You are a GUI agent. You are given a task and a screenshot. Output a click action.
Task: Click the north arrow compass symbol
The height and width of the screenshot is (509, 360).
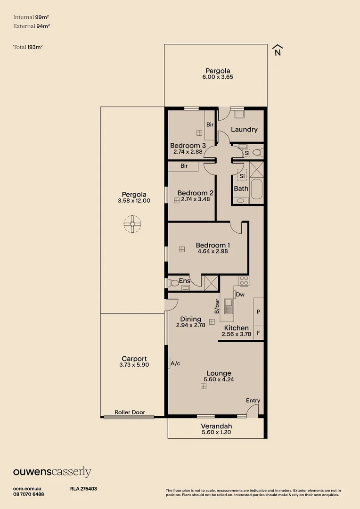[278, 50]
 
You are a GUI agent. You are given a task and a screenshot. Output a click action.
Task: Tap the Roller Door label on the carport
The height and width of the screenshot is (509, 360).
[130, 412]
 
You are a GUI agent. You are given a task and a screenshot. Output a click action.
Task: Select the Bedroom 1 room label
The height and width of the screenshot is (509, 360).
[213, 245]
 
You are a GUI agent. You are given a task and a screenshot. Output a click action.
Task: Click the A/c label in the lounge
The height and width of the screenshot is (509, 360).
[176, 363]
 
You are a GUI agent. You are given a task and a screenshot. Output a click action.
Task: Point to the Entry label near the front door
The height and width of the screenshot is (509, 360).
[253, 401]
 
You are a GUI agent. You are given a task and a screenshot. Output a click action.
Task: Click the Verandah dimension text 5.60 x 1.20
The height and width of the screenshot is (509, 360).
[217, 432]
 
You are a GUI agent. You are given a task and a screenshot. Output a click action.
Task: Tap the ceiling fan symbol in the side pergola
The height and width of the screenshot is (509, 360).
[132, 224]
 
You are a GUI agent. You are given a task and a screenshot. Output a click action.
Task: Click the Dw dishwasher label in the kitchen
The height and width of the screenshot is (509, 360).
[240, 295]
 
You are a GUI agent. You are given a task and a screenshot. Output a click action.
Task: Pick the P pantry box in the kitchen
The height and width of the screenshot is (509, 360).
[258, 312]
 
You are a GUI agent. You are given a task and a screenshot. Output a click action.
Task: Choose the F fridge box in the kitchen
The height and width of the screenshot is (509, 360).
[258, 333]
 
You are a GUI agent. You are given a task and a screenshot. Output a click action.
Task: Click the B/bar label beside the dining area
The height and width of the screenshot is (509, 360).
[217, 306]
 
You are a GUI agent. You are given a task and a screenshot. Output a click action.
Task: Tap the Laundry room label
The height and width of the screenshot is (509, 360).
[244, 130]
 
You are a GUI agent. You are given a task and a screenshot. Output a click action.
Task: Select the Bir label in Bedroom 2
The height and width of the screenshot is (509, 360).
[184, 166]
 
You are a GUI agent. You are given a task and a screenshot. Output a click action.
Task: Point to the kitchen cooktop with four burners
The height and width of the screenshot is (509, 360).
[244, 281]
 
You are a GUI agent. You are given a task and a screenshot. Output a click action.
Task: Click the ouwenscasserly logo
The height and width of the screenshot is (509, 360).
[52, 472]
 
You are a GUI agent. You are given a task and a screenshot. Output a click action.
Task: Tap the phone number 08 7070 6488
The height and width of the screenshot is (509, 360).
[29, 494]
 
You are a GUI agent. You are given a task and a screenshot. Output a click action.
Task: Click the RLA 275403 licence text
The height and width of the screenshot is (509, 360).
[83, 489]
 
